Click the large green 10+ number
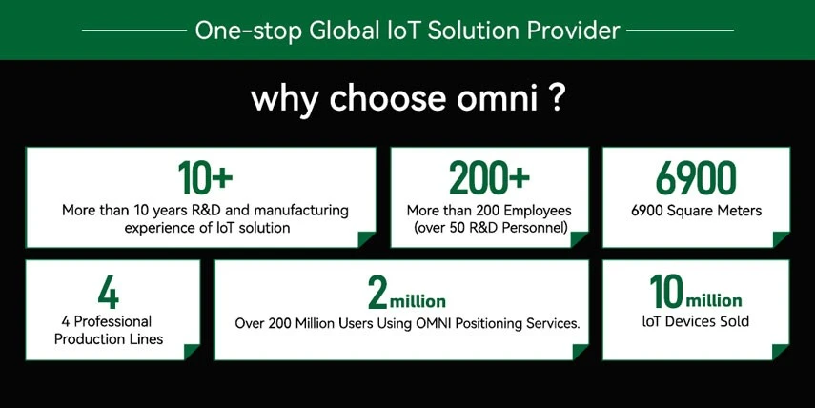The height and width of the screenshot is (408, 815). (205, 177)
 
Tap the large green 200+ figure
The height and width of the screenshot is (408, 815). (489, 177)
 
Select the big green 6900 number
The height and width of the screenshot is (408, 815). (696, 177)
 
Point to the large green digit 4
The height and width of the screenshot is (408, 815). (109, 293)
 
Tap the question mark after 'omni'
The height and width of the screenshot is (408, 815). (555, 98)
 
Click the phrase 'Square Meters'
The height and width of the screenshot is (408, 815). (714, 211)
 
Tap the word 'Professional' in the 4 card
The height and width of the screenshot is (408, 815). (112, 321)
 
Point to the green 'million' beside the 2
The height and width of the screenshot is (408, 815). (418, 301)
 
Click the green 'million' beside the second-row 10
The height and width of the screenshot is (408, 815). (714, 300)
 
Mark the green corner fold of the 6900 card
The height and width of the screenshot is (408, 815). (781, 239)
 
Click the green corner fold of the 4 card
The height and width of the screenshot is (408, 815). (192, 352)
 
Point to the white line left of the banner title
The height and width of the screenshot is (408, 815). (134, 31)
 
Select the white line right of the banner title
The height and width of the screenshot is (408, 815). (680, 31)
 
